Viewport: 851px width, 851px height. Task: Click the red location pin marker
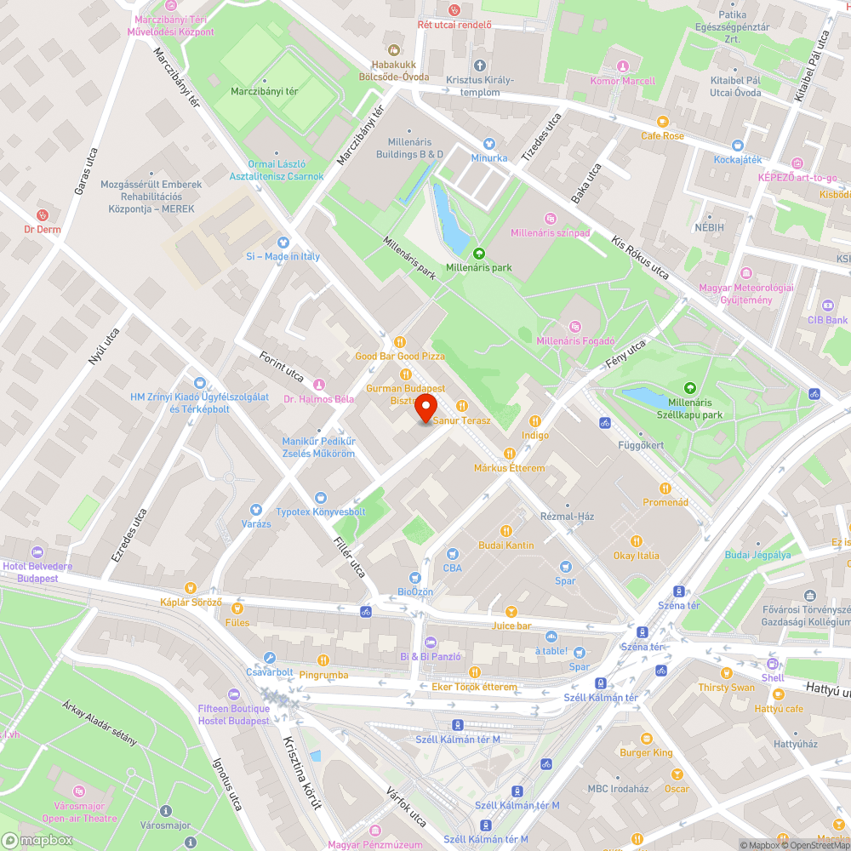tap(426, 408)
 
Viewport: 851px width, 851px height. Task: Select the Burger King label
tap(646, 752)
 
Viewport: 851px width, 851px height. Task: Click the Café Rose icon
tap(662, 123)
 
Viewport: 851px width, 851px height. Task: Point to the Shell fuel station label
tap(773, 677)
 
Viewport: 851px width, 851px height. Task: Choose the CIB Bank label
tap(828, 320)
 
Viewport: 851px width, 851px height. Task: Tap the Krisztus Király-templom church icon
tap(479, 66)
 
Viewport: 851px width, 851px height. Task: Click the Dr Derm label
tap(43, 229)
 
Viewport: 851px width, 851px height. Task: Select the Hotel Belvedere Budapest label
tap(37, 572)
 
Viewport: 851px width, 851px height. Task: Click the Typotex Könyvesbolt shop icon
tap(320, 498)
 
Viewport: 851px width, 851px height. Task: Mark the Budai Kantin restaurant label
tap(506, 545)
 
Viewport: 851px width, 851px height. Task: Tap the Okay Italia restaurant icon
tap(637, 541)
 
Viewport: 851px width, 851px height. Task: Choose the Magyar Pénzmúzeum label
tap(375, 844)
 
